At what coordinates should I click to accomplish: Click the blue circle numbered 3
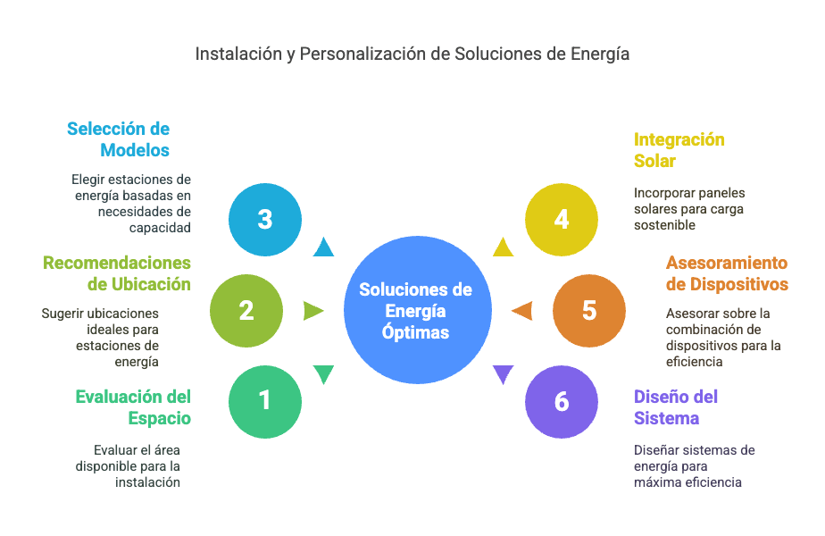(x=264, y=220)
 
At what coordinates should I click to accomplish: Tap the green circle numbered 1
(x=264, y=402)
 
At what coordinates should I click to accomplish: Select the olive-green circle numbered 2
(x=246, y=311)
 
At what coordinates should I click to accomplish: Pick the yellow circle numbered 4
(x=562, y=220)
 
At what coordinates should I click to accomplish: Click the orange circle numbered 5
(x=588, y=311)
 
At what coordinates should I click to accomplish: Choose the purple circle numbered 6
(x=562, y=402)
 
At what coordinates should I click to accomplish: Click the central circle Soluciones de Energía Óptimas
(x=418, y=310)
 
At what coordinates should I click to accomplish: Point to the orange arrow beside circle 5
(x=522, y=311)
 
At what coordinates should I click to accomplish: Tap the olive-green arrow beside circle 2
(x=313, y=311)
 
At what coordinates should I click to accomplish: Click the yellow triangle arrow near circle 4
(x=503, y=247)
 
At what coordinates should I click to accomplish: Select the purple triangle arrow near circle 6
(x=503, y=374)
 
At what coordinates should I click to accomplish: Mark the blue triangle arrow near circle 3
(x=323, y=247)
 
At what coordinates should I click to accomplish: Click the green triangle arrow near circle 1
(x=323, y=374)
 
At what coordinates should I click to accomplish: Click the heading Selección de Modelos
(x=119, y=139)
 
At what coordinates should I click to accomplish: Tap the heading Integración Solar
(x=679, y=150)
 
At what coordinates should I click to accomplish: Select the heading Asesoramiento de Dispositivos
(x=727, y=273)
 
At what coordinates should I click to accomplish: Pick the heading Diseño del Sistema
(x=676, y=407)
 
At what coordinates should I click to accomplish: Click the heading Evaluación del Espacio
(x=133, y=407)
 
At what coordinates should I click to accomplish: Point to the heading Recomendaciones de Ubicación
(x=117, y=273)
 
